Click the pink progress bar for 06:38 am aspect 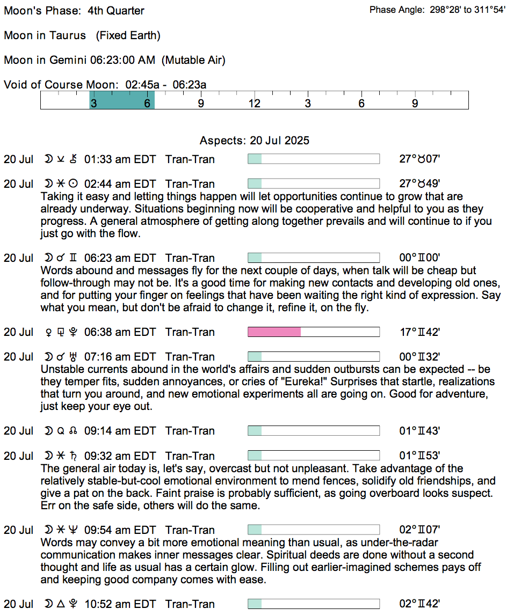tap(274, 332)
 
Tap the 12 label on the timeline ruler tap(254, 104)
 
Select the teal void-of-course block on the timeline tap(122, 100)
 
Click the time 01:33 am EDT tap(120, 159)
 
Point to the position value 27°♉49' tap(419, 184)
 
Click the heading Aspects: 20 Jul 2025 tap(255, 141)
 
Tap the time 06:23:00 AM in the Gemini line tap(124, 60)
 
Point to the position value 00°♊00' tap(419, 258)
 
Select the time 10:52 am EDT tap(120, 604)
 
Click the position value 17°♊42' tap(419, 332)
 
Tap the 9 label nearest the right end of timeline tap(415, 104)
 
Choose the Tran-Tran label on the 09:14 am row tap(190, 431)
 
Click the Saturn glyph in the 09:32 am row tap(74, 456)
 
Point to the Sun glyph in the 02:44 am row tap(74, 184)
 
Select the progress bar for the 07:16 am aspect tap(313, 357)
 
